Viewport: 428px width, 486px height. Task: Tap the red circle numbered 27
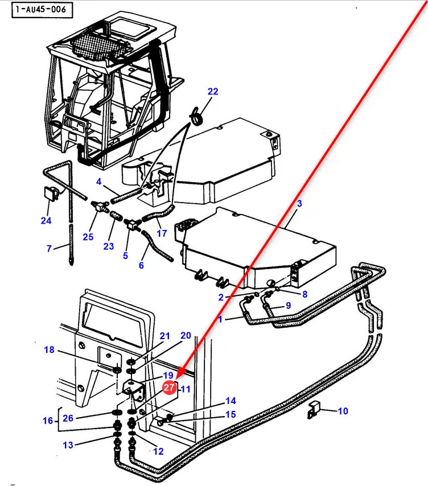pos(169,388)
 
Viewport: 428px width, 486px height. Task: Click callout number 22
pos(213,92)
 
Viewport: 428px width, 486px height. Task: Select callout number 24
pos(46,220)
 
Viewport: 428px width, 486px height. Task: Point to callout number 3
pos(300,203)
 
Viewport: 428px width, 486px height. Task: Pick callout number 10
pos(343,411)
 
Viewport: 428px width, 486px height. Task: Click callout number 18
pos(50,349)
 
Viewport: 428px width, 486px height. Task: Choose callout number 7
pos(50,248)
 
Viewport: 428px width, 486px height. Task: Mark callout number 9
pos(288,305)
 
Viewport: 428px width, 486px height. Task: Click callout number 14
pos(231,401)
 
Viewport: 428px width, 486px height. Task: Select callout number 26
pos(68,418)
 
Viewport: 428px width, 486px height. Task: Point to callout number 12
pos(158,451)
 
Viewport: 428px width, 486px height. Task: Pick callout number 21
pos(165,336)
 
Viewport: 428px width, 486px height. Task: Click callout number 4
pos(98,182)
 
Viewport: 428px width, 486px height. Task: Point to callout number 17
pos(162,233)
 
